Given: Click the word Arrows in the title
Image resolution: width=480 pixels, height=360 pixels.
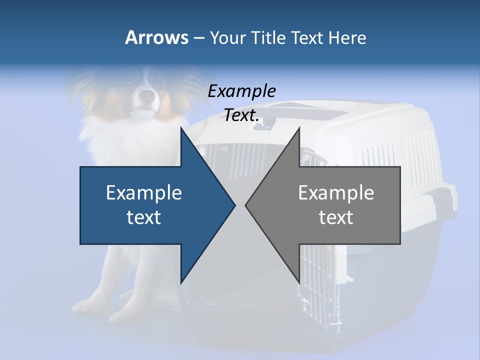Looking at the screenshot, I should tap(156, 37).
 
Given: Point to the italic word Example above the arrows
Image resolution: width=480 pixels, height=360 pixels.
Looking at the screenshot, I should tap(242, 91).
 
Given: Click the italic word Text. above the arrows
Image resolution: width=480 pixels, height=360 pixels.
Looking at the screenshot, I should tap(242, 115).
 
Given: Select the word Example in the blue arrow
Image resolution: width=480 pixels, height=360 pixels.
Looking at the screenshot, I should tap(144, 192).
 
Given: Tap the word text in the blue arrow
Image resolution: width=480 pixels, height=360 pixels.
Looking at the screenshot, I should tap(144, 217).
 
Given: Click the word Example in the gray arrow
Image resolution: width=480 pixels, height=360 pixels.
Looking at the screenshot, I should tap(336, 192).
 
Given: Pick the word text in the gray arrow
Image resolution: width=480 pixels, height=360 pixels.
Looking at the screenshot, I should tap(336, 217).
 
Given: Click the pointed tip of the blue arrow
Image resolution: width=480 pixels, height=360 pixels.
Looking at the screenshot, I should tap(234, 205).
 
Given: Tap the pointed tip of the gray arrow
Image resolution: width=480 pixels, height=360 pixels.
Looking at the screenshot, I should tap(246, 205).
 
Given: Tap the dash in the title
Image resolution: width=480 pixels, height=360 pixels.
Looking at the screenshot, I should tap(198, 37).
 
